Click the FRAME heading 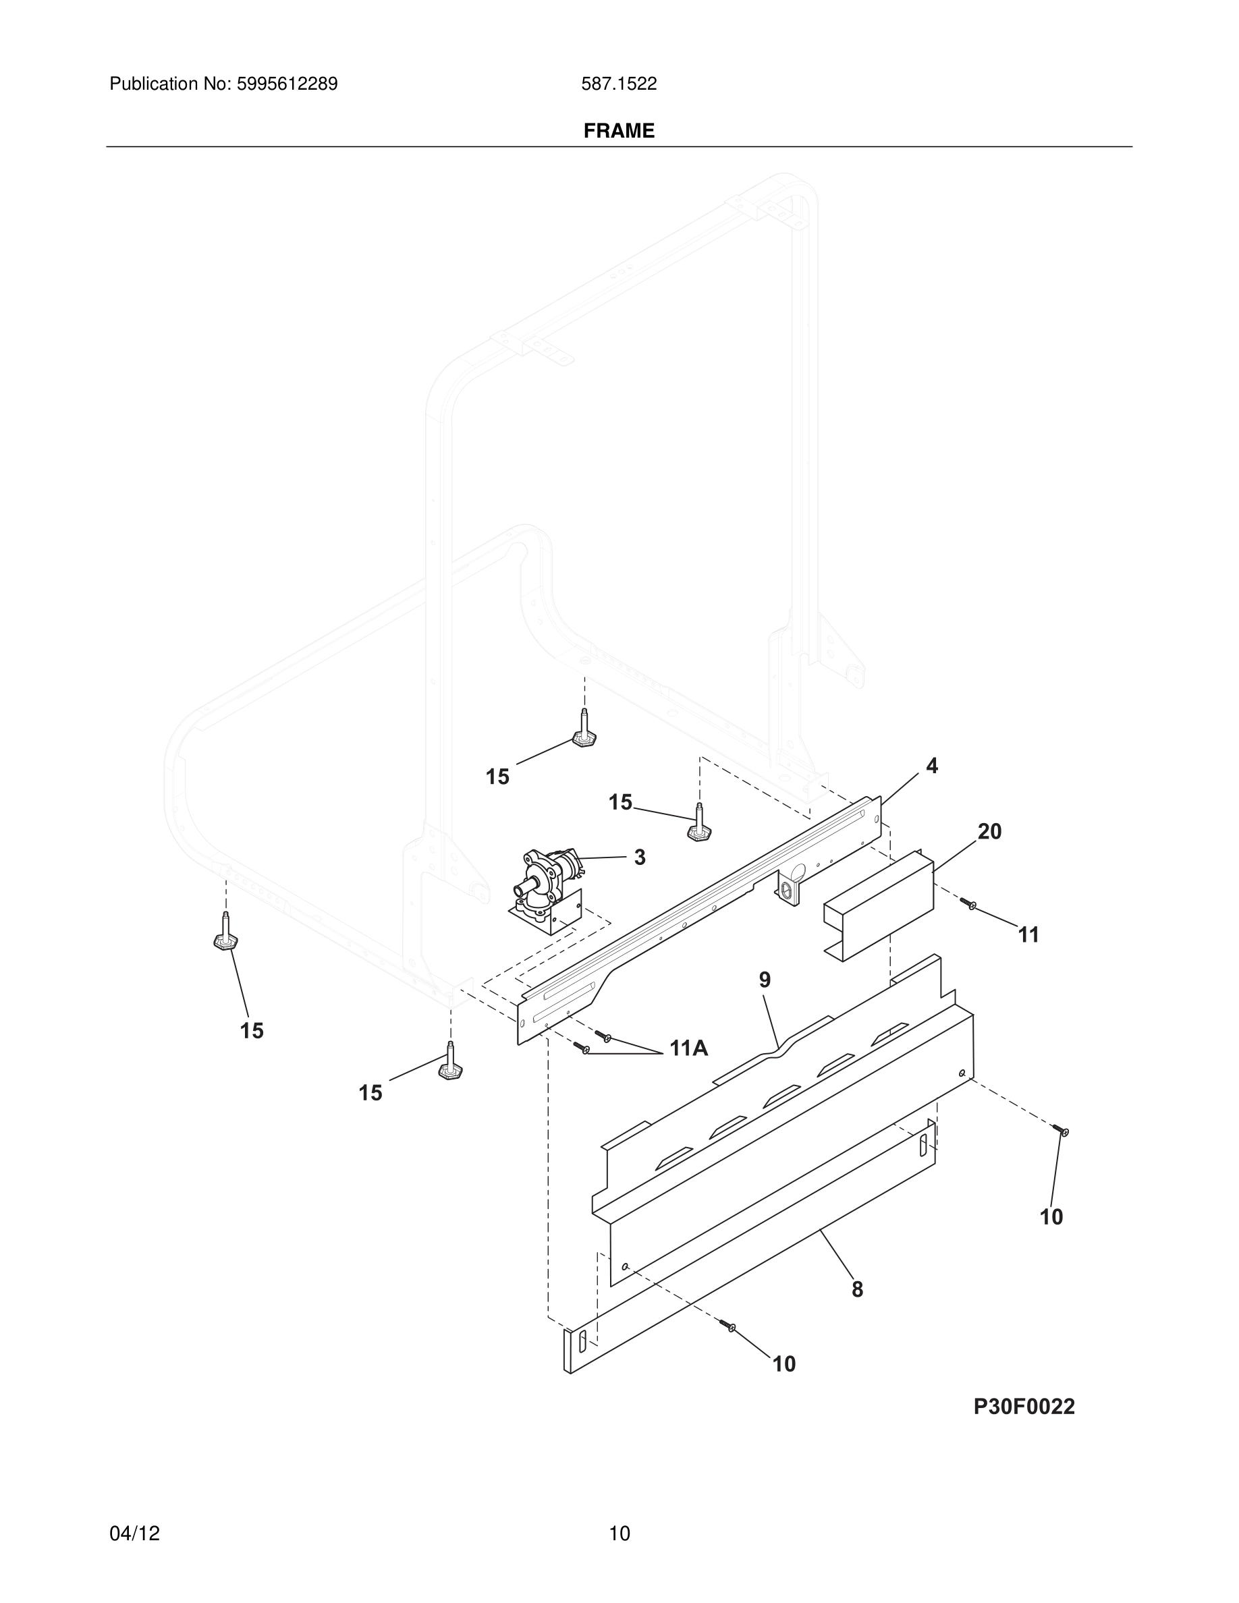click(x=619, y=131)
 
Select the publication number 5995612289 click(x=286, y=84)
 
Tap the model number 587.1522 click(x=619, y=84)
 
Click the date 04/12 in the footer click(x=134, y=1534)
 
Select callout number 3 click(x=639, y=857)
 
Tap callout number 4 click(x=931, y=766)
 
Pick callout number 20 click(x=989, y=832)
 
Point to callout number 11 click(x=1028, y=935)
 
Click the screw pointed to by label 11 click(x=968, y=904)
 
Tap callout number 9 click(x=765, y=980)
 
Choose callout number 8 click(x=857, y=1289)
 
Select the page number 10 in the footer click(x=619, y=1534)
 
